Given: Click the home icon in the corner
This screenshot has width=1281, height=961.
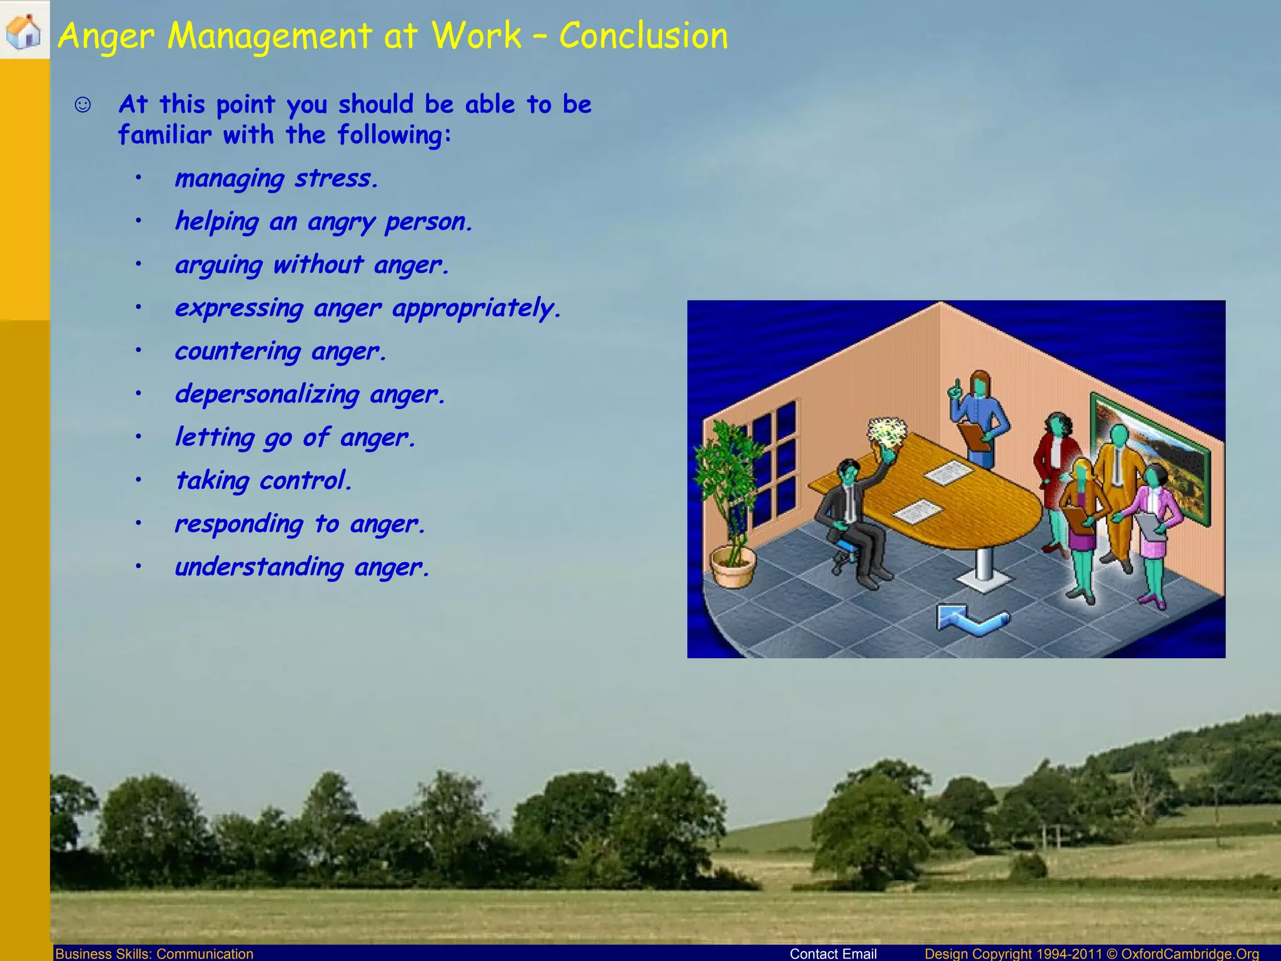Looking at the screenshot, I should pos(24,31).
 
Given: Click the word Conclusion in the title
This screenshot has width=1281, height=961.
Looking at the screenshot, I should pos(644,36).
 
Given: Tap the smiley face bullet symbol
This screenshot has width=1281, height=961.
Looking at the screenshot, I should pos(83,104).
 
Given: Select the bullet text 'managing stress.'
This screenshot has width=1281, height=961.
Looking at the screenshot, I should pos(276,179).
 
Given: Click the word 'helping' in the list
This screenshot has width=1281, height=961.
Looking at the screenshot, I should pos(217,222).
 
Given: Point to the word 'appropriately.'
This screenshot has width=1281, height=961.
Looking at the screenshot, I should pos(477,308).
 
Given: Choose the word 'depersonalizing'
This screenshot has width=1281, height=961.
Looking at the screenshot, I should pos(267,395).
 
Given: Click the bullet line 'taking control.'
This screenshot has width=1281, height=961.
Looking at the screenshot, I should pos(263,481).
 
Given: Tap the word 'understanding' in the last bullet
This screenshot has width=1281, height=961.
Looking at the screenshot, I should pos(259,567).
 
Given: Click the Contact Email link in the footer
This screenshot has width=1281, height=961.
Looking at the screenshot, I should pos(833,953).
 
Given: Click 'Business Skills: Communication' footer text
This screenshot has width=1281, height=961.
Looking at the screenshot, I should pos(154,953).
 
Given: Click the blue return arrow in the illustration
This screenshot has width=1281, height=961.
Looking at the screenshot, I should pos(971,619).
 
